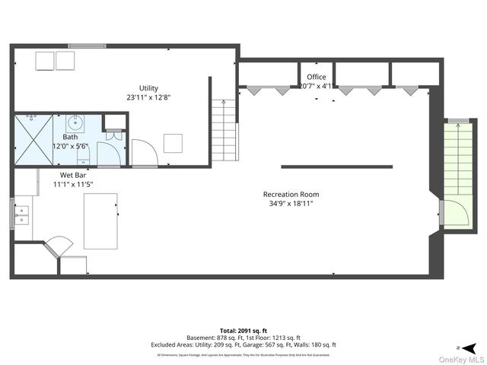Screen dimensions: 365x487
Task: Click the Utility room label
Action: tap(148, 87)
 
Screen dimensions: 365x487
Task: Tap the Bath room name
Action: tap(70, 137)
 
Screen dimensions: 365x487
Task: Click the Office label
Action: tap(317, 78)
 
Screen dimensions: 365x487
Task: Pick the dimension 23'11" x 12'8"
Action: tap(148, 97)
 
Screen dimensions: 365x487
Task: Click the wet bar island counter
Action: tap(100, 221)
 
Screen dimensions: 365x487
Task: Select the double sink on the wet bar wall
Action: tap(21, 213)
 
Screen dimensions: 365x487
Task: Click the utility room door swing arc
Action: tap(144, 153)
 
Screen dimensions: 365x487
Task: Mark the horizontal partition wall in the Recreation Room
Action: tap(336, 167)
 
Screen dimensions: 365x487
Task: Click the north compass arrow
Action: tap(473, 344)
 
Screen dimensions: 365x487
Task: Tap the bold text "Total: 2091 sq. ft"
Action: tap(242, 330)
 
